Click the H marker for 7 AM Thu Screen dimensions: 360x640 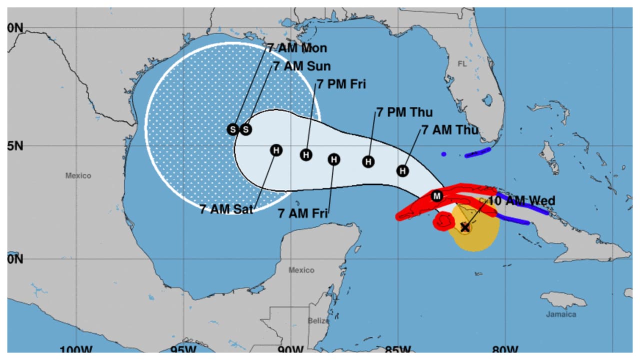403,170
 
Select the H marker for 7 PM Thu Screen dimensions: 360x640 368,161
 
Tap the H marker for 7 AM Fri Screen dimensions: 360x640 334,159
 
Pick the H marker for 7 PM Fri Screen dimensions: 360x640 306,155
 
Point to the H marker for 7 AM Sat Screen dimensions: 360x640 276,150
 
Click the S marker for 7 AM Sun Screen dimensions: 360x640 245,129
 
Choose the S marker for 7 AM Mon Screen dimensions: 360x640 232,129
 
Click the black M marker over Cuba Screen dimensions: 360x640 437,195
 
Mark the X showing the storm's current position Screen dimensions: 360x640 465,227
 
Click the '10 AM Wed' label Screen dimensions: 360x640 521,201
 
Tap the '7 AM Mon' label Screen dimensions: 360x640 297,48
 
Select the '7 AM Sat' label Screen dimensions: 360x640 226,209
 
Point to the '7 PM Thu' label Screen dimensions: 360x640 404,112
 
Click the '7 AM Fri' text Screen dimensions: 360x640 302,213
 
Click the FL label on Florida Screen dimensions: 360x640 461,64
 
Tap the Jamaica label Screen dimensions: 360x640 560,314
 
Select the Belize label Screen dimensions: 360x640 318,320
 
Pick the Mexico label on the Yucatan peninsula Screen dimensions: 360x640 301,270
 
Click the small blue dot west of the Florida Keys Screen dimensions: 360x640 443,154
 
